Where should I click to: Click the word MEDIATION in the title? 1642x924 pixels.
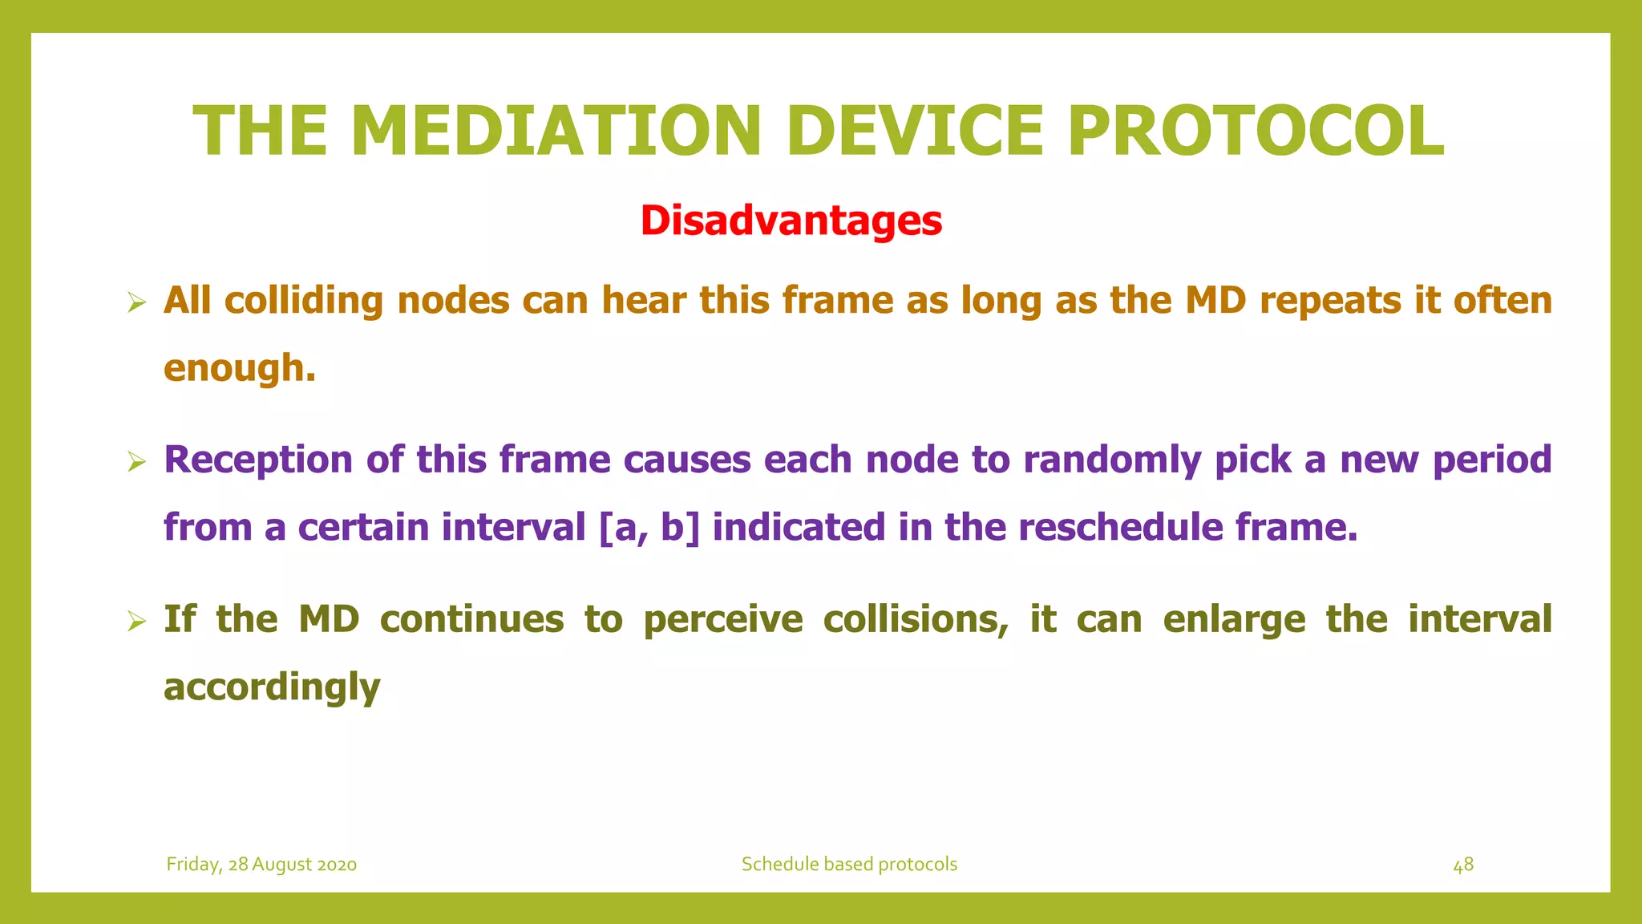coord(555,131)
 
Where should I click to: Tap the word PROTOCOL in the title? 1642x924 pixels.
coord(1256,131)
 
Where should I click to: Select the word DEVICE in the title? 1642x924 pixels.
coord(915,131)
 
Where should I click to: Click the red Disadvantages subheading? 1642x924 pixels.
coord(791,221)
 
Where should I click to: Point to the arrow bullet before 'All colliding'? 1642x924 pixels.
coord(136,303)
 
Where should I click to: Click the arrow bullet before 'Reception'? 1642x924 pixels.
coord(136,462)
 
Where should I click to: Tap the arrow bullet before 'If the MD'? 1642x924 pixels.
coord(136,622)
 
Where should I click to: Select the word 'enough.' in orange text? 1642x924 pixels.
coord(240,368)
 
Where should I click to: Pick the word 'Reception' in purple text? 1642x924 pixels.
coord(258,460)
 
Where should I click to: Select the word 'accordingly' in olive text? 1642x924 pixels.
coord(272,687)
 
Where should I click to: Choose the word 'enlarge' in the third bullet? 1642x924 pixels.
coord(1234,619)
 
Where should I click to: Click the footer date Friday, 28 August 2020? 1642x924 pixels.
coord(261,865)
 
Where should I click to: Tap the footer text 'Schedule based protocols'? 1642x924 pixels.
coord(849,865)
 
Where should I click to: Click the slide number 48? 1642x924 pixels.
coord(1463,865)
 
